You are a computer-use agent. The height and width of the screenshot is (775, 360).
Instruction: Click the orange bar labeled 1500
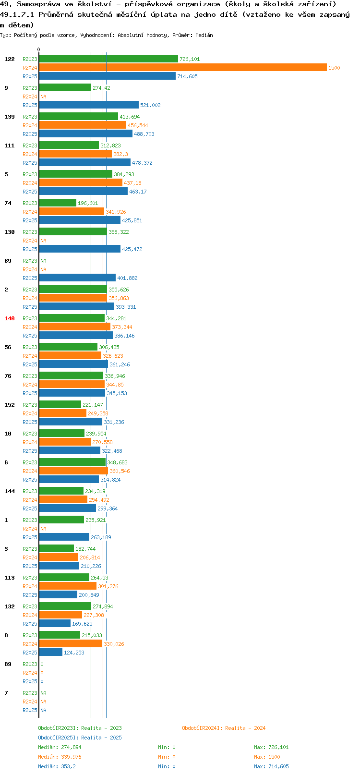point(183,68)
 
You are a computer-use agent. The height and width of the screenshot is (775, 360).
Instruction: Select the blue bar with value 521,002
point(89,105)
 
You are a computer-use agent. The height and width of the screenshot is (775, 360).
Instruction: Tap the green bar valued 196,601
point(58,203)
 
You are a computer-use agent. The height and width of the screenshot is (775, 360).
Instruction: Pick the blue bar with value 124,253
point(50,652)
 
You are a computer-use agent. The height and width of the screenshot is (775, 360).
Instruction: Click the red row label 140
point(9,318)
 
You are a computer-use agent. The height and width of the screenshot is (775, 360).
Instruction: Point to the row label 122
point(9,59)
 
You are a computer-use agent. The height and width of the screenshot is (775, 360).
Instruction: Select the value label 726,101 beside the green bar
point(190,59)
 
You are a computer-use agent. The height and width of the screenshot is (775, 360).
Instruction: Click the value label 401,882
point(127,278)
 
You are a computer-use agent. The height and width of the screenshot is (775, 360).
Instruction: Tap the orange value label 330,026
point(114,644)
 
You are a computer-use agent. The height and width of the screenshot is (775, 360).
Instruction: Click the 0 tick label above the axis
point(38,49)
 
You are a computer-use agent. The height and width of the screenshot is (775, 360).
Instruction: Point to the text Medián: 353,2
point(57,766)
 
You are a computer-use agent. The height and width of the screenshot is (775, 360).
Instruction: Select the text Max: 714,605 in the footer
point(271,766)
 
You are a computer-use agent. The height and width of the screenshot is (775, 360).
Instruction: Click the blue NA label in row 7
point(43,710)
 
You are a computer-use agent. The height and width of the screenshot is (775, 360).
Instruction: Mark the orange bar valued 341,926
point(72,211)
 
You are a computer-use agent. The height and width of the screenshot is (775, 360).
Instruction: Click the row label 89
point(8,664)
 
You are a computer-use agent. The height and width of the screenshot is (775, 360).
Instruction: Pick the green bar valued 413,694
point(79,116)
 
